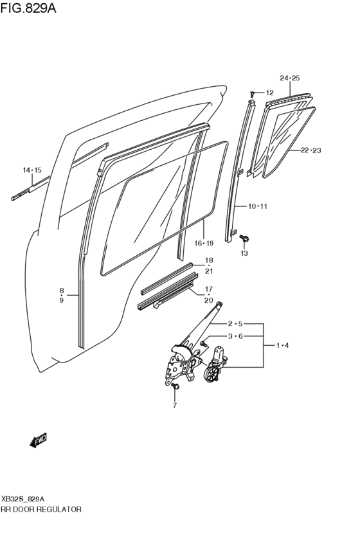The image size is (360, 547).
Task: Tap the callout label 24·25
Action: (290, 78)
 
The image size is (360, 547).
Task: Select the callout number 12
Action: (269, 93)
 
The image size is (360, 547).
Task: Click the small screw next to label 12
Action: (255, 94)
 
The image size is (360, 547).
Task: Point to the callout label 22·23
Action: (310, 150)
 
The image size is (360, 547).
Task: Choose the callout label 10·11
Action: (258, 206)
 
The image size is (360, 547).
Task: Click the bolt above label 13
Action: (245, 238)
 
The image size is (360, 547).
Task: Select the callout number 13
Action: (244, 254)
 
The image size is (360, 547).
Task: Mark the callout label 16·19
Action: (204, 243)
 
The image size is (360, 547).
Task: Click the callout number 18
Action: (209, 260)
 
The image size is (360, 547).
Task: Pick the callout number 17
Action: (209, 289)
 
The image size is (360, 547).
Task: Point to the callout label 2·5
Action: (234, 324)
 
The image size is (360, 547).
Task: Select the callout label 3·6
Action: (234, 336)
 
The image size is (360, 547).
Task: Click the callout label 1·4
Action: (283, 346)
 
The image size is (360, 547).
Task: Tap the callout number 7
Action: (174, 406)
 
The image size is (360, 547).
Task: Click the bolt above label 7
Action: (174, 387)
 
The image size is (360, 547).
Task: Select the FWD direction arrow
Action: (39, 440)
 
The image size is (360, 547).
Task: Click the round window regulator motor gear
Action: (212, 375)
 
